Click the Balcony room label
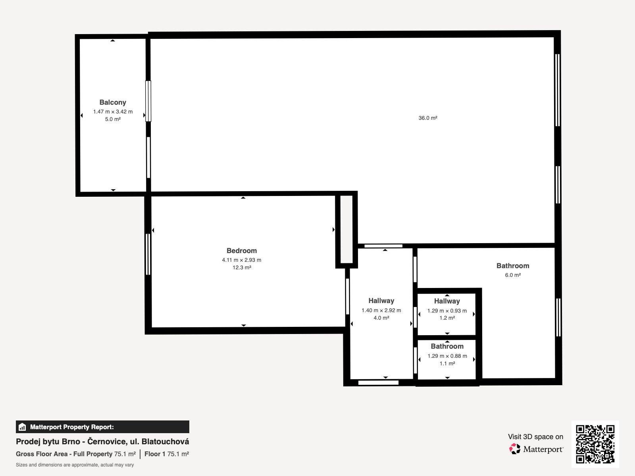[x=113, y=102]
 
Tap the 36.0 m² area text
[x=428, y=118]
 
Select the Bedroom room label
[x=242, y=251]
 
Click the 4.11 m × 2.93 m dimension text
[x=242, y=260]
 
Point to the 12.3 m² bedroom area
[x=242, y=267]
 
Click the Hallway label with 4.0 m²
[x=381, y=301]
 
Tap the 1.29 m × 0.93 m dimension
[x=447, y=311]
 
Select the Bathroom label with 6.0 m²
[x=513, y=266]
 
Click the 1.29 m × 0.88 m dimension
[x=447, y=356]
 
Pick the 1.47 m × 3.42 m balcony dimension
[x=113, y=111]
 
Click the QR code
[x=595, y=444]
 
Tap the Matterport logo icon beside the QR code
[x=515, y=449]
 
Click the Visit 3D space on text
[x=535, y=437]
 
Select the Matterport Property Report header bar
[x=102, y=427]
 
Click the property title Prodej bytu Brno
[x=102, y=441]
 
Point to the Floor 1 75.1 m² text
[x=167, y=454]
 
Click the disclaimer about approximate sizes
[x=75, y=465]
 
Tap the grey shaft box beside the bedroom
[x=346, y=229]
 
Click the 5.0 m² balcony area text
[x=113, y=119]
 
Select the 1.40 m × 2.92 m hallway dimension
[x=381, y=310]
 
